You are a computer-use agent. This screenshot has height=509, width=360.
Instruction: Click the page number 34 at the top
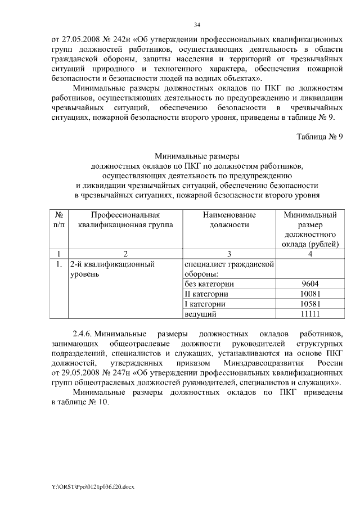click(x=197, y=25)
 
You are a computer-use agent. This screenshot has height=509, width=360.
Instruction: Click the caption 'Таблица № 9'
click(x=319, y=136)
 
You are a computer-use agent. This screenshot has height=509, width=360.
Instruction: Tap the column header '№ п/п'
click(x=58, y=219)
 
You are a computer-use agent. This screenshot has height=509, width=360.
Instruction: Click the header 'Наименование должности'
click(x=229, y=219)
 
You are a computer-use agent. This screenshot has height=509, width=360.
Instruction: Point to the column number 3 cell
click(x=229, y=253)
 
